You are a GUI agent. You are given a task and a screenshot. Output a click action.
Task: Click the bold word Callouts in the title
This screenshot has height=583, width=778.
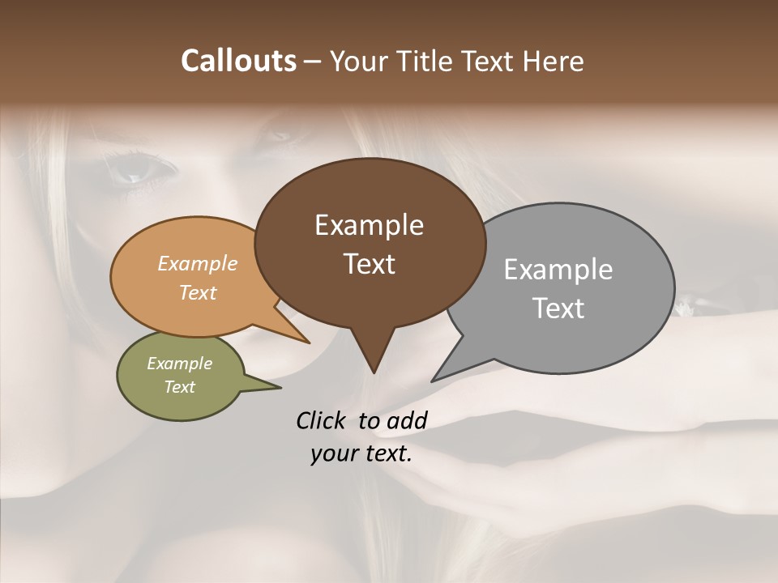point(239,61)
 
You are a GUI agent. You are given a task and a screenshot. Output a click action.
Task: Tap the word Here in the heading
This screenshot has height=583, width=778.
point(553,61)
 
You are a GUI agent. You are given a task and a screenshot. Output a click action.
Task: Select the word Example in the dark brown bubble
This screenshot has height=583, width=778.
point(369,225)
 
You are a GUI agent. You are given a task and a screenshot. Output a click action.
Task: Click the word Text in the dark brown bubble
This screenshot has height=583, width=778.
point(369,264)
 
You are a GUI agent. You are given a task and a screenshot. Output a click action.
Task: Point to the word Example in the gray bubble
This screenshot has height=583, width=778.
point(558,270)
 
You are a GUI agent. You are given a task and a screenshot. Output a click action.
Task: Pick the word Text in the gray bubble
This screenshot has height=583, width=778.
point(558,309)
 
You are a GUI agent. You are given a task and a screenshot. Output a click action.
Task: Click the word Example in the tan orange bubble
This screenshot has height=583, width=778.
point(198,264)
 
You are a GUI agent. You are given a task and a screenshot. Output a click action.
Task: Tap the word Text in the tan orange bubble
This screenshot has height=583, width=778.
point(198,292)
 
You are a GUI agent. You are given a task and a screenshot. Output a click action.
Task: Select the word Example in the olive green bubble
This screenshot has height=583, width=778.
point(180,364)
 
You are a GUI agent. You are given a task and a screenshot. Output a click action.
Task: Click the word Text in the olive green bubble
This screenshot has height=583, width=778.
point(180,387)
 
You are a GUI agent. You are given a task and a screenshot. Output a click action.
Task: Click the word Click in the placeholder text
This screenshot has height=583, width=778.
point(323,420)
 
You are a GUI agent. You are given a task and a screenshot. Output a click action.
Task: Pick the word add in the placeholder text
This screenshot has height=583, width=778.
point(407,420)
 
